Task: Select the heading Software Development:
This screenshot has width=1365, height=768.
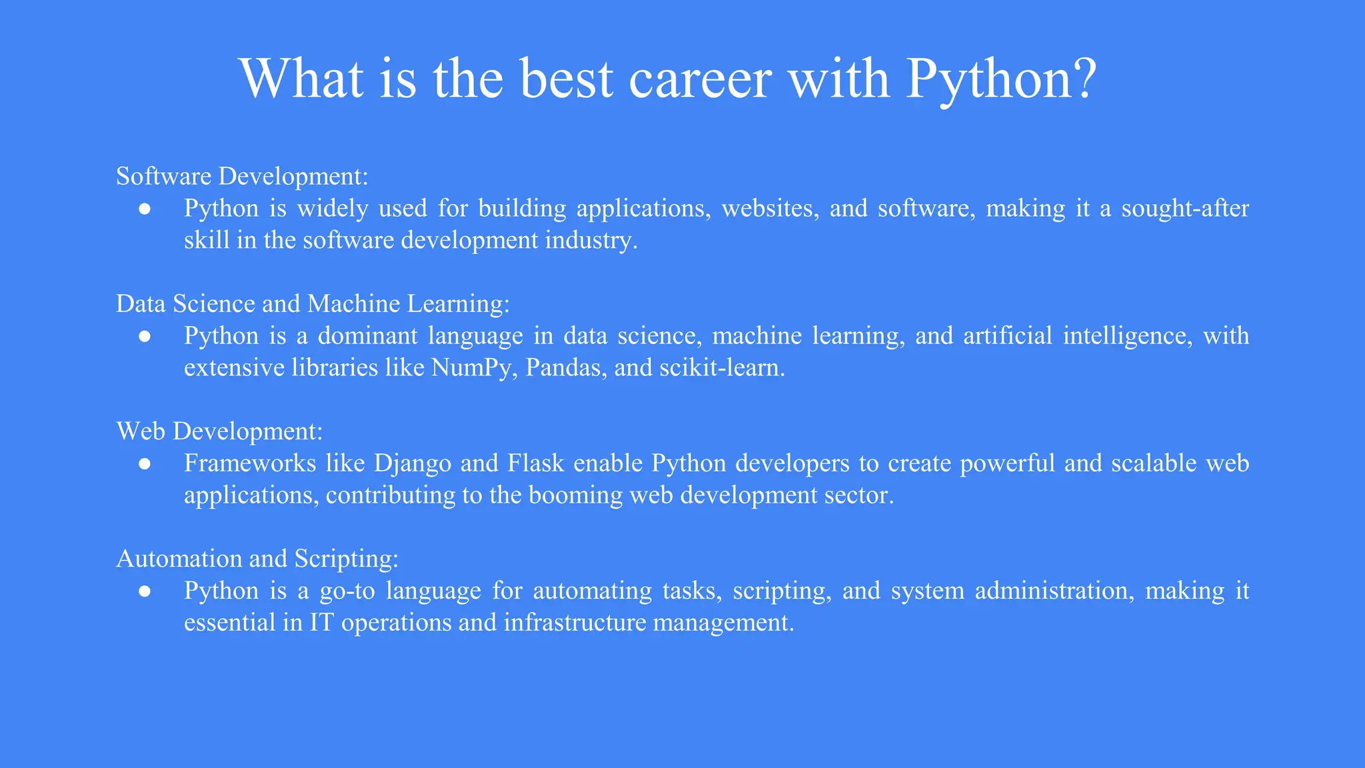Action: [242, 176]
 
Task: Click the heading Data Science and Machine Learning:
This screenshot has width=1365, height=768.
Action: [313, 303]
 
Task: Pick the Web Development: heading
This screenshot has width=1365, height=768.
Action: [219, 431]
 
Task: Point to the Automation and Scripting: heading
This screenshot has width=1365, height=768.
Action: [257, 558]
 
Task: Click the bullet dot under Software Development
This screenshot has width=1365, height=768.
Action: [145, 209]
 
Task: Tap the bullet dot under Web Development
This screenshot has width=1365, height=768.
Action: [145, 463]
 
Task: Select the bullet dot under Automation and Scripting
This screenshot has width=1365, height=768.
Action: [145, 591]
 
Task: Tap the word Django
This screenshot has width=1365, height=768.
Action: [413, 463]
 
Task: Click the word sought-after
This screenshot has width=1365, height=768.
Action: [1184, 208]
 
